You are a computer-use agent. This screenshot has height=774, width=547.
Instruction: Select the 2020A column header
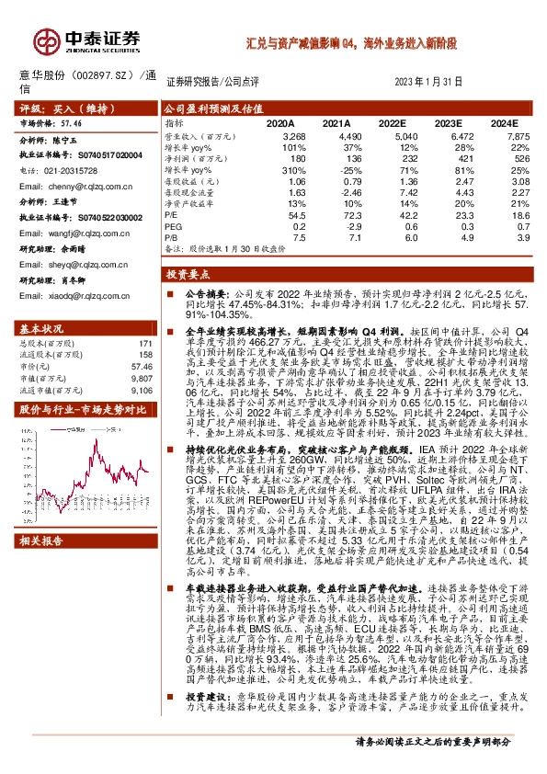279,121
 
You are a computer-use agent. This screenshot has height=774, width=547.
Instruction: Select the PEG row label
173,226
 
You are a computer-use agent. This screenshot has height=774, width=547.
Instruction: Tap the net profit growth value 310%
281,169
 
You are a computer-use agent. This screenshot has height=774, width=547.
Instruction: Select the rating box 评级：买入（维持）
55,108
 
